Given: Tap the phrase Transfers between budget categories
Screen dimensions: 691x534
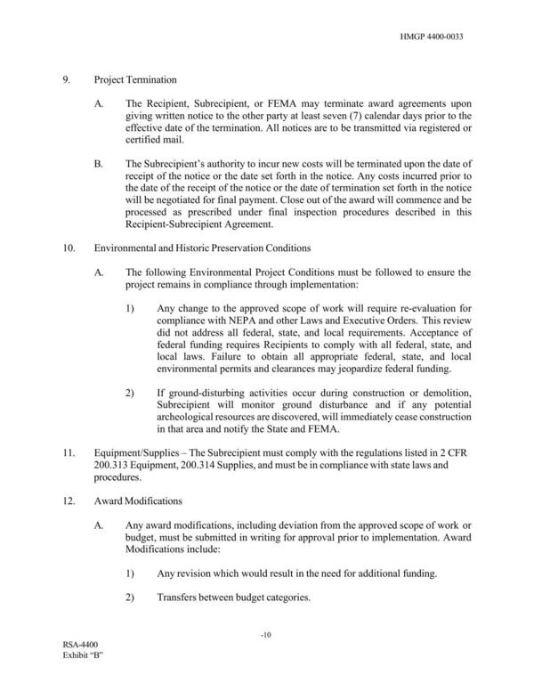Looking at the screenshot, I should click(x=233, y=598).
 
